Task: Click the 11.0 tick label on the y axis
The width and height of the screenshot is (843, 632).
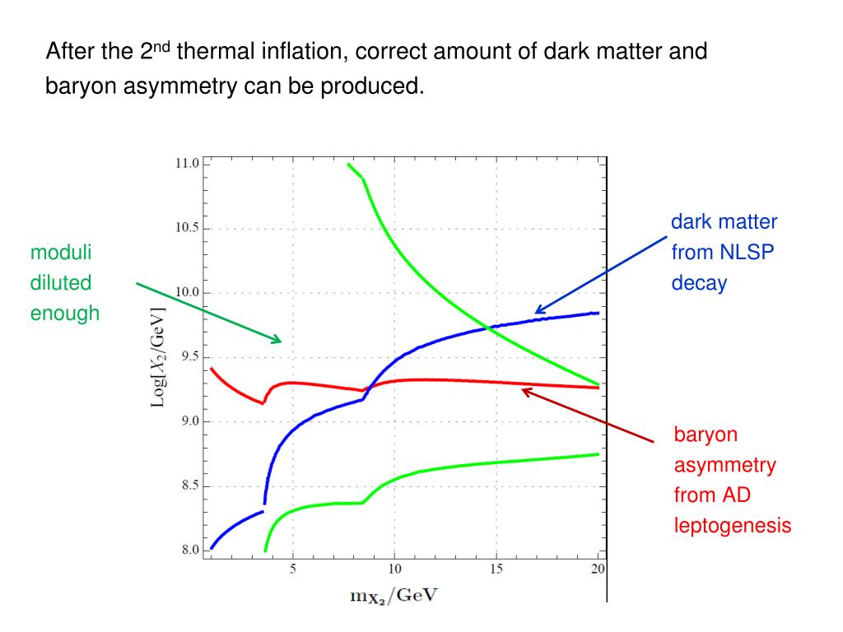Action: tap(187, 164)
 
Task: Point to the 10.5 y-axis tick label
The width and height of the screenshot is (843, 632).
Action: tap(187, 228)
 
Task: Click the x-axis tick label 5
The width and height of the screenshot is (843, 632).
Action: tap(293, 569)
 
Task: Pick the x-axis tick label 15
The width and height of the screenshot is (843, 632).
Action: tap(496, 569)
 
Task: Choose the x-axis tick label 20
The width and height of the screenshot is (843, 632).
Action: tap(598, 569)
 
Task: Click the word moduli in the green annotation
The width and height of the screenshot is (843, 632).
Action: tap(61, 252)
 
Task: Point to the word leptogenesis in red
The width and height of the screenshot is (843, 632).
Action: tap(733, 526)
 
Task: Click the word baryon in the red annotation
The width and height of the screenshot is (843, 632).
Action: tap(706, 435)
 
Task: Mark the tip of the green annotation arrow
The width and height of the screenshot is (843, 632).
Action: tap(281, 341)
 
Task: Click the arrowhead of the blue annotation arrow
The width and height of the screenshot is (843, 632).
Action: tap(536, 313)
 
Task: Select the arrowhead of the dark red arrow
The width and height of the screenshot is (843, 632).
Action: tap(523, 389)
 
